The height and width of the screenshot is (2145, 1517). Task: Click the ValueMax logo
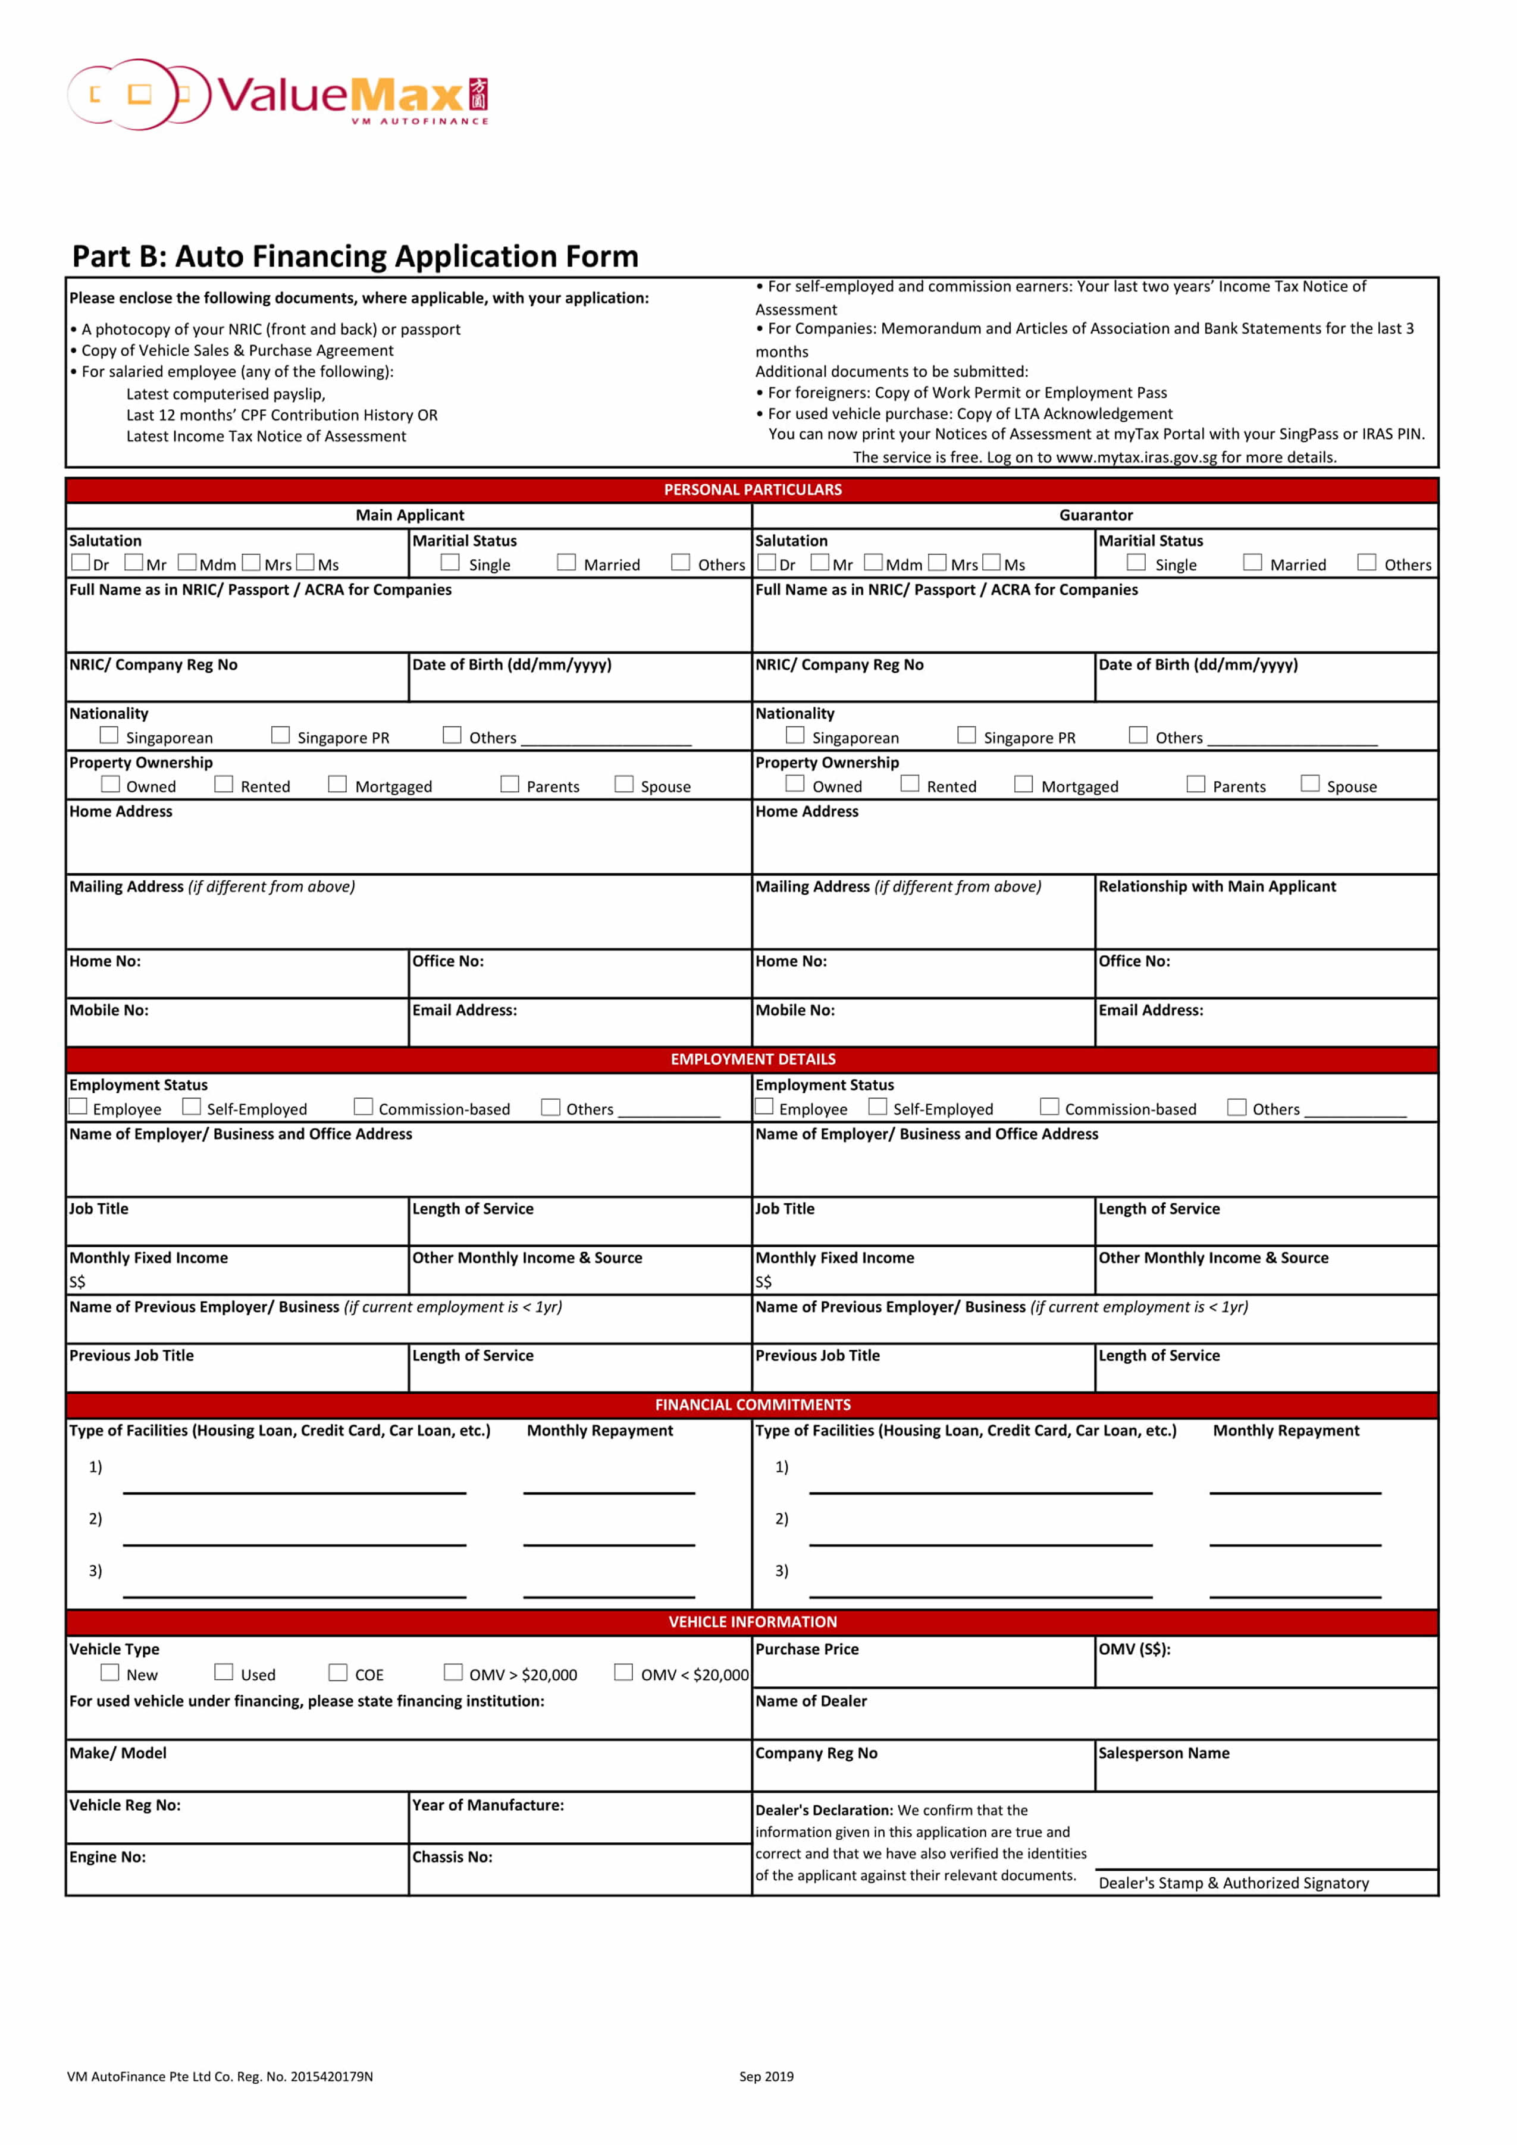point(278,95)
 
